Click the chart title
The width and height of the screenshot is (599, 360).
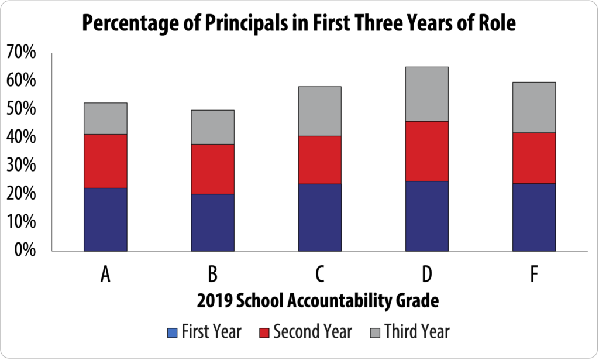point(299,24)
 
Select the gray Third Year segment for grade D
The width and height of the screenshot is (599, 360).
point(427,94)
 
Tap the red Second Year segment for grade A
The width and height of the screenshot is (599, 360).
point(105,161)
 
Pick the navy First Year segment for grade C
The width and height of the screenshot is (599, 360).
point(319,217)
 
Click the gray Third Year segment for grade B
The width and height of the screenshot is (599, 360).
point(212,127)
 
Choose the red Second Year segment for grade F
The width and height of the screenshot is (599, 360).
point(533,158)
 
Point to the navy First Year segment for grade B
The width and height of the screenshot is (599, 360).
point(212,222)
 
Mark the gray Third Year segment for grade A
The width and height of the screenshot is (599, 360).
point(105,118)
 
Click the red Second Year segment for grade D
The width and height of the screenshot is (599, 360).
point(427,151)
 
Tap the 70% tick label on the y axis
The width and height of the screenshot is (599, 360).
point(21,53)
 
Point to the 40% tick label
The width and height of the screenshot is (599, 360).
point(21,138)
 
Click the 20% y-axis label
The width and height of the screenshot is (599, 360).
point(21,194)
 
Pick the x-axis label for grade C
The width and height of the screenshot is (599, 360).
point(319,275)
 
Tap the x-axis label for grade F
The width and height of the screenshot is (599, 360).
point(533,275)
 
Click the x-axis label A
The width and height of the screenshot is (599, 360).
point(105,275)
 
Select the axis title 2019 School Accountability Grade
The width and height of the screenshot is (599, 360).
point(318,302)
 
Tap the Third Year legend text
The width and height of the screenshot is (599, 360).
point(417,332)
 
